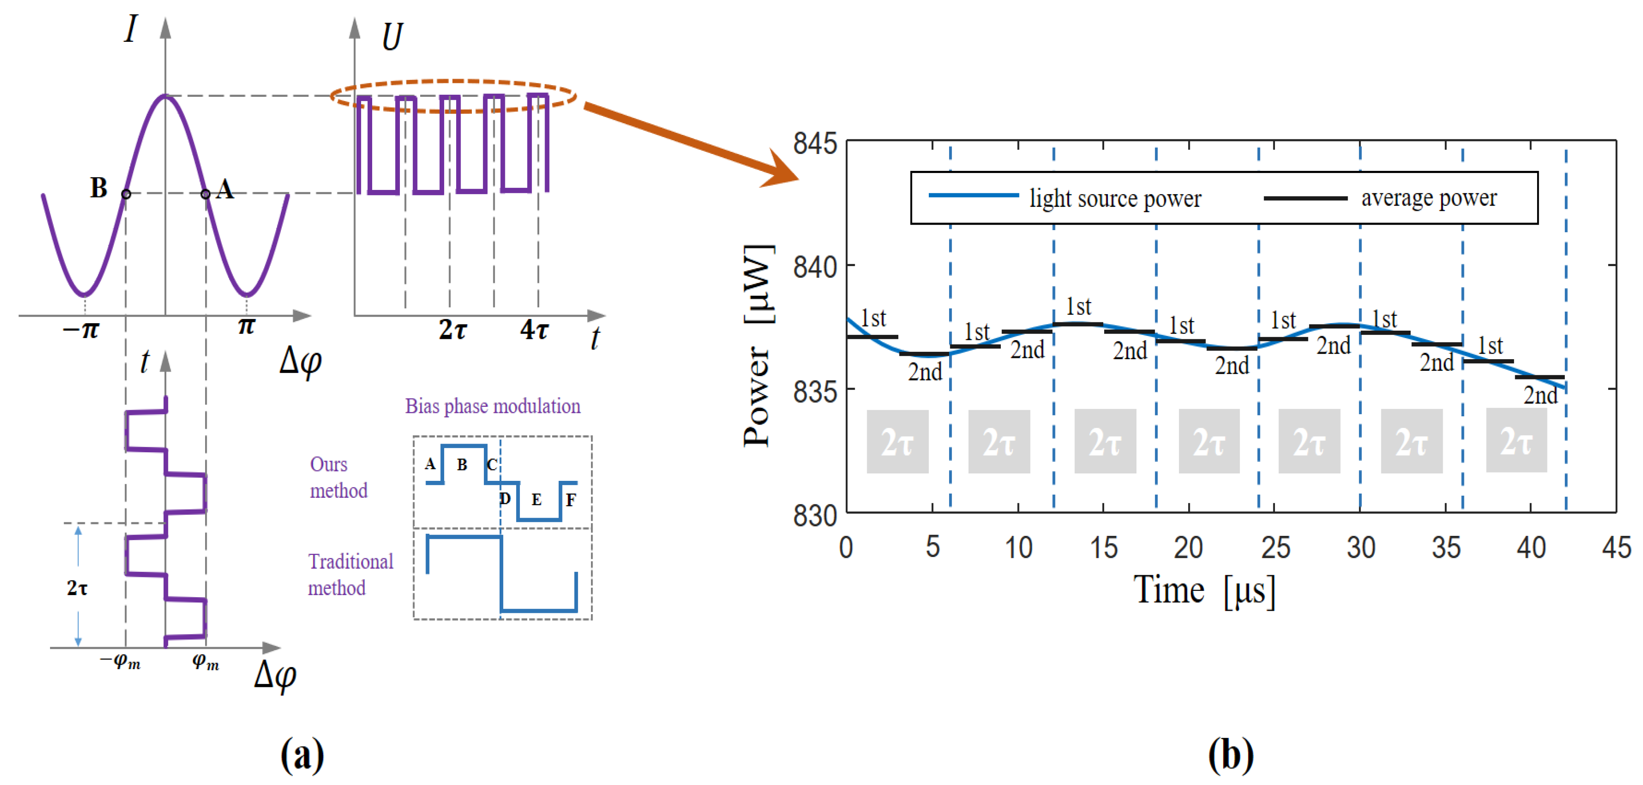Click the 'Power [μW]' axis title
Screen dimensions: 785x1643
click(x=759, y=345)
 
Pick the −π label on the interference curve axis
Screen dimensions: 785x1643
click(x=81, y=330)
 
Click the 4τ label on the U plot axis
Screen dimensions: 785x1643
click(x=534, y=330)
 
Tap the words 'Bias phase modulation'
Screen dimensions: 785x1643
click(x=493, y=406)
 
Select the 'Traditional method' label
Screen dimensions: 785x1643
click(x=350, y=574)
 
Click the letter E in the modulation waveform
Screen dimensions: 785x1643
click(x=536, y=500)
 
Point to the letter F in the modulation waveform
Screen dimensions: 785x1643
click(x=571, y=500)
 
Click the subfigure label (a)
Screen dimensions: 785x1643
click(x=302, y=755)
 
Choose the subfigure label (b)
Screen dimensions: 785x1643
click(x=1230, y=755)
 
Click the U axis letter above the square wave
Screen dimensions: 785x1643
click(x=392, y=37)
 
